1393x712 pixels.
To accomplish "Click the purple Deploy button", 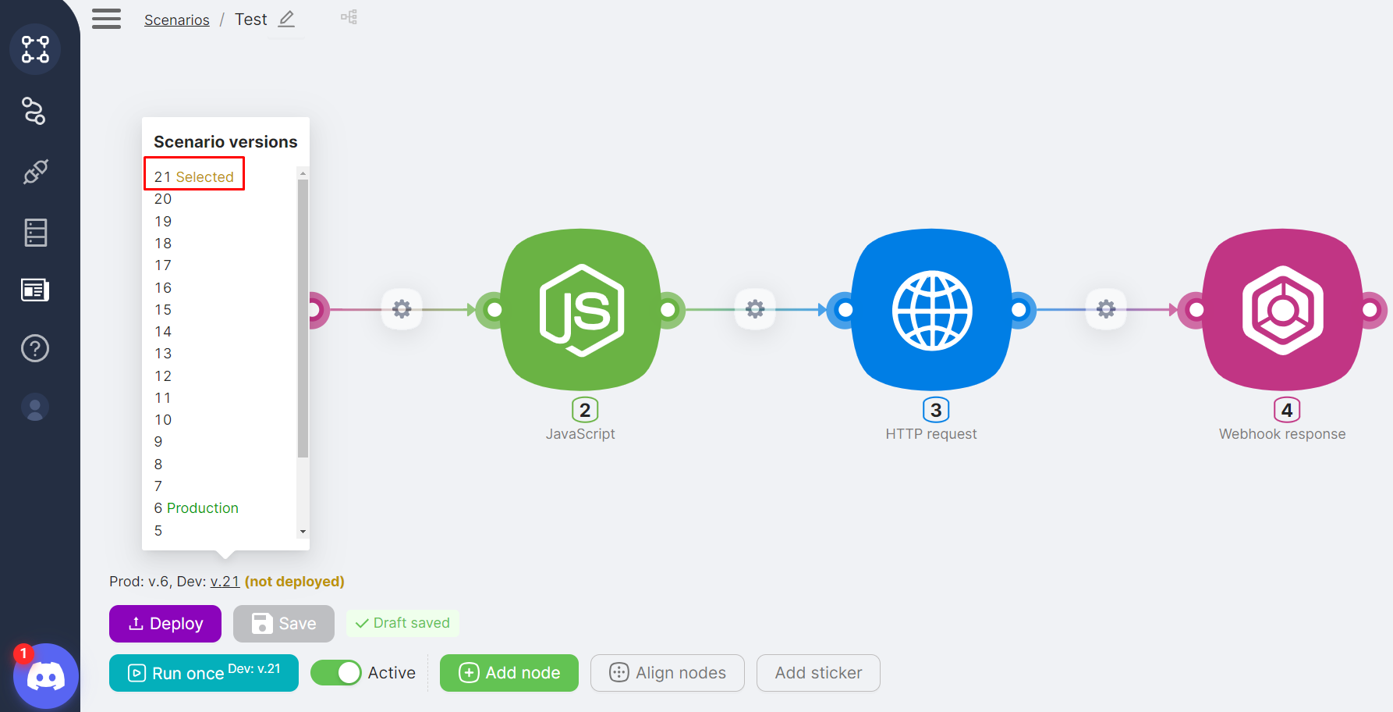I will (x=165, y=624).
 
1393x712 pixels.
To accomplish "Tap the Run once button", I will (x=204, y=673).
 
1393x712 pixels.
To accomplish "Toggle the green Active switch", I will (x=336, y=673).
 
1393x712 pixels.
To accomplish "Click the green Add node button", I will (x=509, y=673).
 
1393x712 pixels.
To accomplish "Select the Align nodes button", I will (x=668, y=673).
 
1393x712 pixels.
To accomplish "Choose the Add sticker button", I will (x=818, y=673).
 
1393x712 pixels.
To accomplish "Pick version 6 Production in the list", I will (x=197, y=508).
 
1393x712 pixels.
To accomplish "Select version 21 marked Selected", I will (x=194, y=177).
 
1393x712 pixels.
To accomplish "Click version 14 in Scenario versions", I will (x=163, y=332).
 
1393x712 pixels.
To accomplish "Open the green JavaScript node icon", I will (x=581, y=310).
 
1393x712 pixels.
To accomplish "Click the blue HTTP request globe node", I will (x=932, y=310).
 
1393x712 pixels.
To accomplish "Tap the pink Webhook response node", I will (x=1283, y=310).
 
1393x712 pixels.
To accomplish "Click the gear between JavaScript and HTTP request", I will (x=755, y=309).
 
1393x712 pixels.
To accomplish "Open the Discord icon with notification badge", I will (x=45, y=676).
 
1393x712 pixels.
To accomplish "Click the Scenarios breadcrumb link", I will (x=177, y=20).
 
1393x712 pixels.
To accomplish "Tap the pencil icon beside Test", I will (x=287, y=19).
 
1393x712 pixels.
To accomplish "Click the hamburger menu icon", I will (x=107, y=19).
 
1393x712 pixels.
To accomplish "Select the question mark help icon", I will (x=35, y=348).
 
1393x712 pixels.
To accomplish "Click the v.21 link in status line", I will (x=225, y=582).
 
